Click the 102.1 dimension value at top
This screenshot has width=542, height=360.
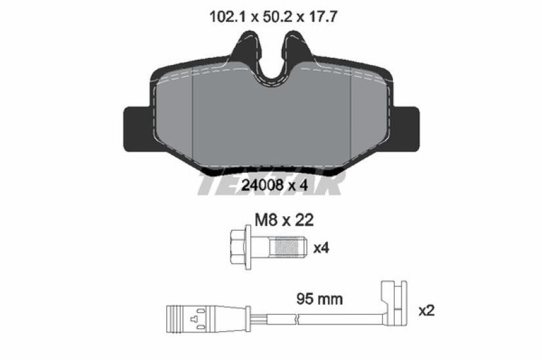point(227,16)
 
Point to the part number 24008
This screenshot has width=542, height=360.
point(263,185)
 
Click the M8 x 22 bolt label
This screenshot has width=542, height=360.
point(284,219)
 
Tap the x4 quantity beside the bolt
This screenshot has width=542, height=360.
point(321,248)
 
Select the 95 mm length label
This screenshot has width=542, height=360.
point(320,299)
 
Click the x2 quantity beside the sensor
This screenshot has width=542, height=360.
point(426,311)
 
